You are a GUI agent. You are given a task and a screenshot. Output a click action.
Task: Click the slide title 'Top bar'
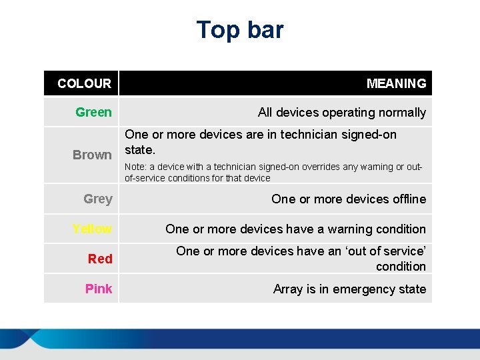click(x=240, y=30)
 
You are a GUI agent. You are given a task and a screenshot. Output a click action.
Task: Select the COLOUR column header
click(x=84, y=83)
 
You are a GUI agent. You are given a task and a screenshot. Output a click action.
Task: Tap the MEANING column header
click(x=396, y=83)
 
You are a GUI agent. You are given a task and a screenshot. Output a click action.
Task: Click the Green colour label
click(x=93, y=112)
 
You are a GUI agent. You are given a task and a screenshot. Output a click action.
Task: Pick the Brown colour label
click(x=92, y=155)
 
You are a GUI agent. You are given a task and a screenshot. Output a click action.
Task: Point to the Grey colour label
click(x=98, y=199)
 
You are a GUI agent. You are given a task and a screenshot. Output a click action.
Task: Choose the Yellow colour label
click(x=92, y=229)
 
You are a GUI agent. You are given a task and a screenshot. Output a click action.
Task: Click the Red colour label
click(x=100, y=259)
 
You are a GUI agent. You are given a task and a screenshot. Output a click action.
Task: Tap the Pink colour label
click(x=99, y=289)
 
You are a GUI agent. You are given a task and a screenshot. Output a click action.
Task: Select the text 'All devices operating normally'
click(x=341, y=113)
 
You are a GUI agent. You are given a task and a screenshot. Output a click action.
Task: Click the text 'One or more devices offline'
click(x=348, y=199)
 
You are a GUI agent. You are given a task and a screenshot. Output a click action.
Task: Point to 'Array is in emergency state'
click(x=349, y=289)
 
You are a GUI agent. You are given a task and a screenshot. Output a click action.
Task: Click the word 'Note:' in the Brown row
click(x=135, y=167)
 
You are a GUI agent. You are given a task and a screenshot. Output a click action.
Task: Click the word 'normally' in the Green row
click(x=403, y=113)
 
